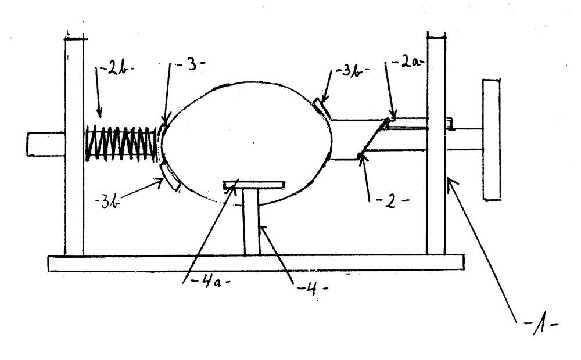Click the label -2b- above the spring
pyautogui.click(x=116, y=70)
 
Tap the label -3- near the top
pyautogui.click(x=191, y=66)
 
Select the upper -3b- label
pyautogui.click(x=351, y=71)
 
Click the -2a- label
pyautogui.click(x=407, y=62)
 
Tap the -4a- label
pyautogui.click(x=210, y=282)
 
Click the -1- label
pyautogui.click(x=541, y=326)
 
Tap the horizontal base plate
pyautogui.click(x=256, y=262)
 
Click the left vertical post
pyautogui.click(x=74, y=146)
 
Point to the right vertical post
pyautogui.click(x=436, y=145)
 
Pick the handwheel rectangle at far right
pyautogui.click(x=492, y=139)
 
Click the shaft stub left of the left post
pyautogui.click(x=46, y=144)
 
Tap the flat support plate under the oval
pyautogui.click(x=254, y=185)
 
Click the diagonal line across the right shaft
pyautogui.click(x=374, y=138)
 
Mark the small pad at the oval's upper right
pyautogui.click(x=321, y=108)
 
